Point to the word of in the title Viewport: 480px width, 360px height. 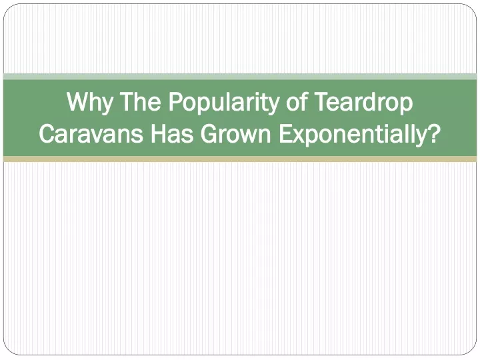pyautogui.click(x=297, y=101)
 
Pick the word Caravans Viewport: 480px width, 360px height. pyautogui.click(x=91, y=133)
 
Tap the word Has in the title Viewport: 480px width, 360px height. pyautogui.click(x=172, y=133)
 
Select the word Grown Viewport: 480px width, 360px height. pyautogui.click(x=236, y=133)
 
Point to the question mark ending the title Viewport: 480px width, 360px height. pyautogui.click(x=434, y=133)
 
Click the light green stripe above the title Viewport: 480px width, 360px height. pyautogui.click(x=240, y=77)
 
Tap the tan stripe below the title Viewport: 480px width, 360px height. pyautogui.click(x=240, y=159)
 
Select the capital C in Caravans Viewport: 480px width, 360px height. pyautogui.click(x=47, y=133)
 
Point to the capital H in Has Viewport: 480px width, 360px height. pyautogui.click(x=158, y=133)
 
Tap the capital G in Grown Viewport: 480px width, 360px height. pyautogui.click(x=210, y=133)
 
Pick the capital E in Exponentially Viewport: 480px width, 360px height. pyautogui.click(x=285, y=133)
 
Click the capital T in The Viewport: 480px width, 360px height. pyautogui.click(x=127, y=101)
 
